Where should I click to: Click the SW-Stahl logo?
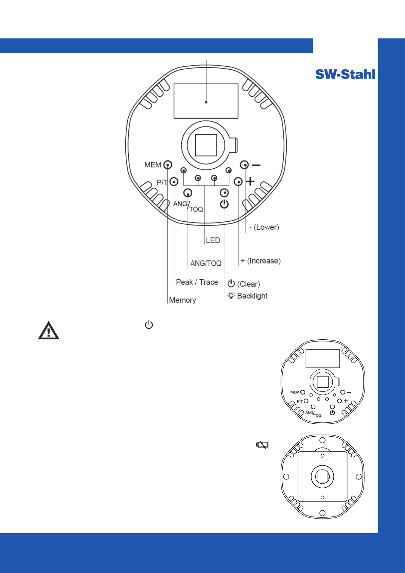click(345, 74)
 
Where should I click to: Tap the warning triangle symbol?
click(49, 331)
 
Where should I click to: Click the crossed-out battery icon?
click(262, 445)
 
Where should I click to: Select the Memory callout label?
click(182, 300)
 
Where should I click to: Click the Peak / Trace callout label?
click(197, 282)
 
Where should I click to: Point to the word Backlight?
click(252, 296)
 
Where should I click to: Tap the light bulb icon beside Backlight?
click(231, 296)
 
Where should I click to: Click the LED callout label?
click(213, 240)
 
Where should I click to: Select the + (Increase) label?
click(261, 261)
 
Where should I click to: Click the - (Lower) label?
click(264, 227)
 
